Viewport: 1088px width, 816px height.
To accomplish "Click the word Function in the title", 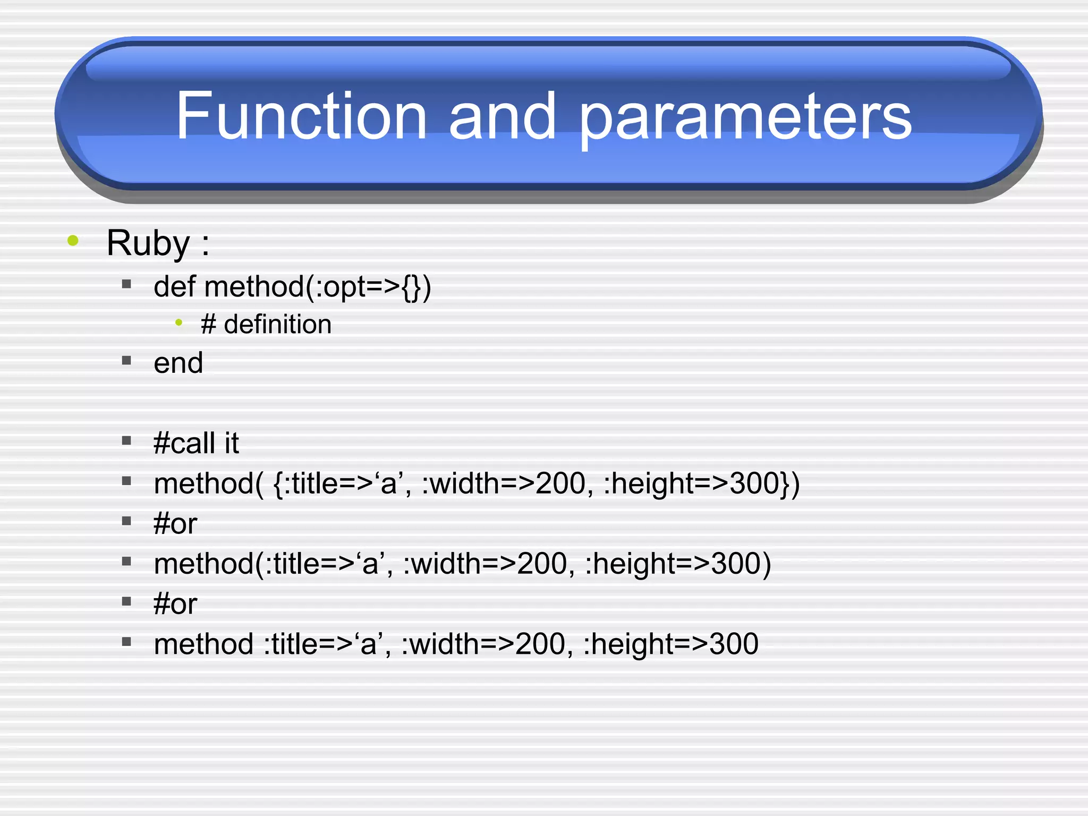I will [301, 115].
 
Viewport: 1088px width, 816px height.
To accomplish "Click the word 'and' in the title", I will [502, 115].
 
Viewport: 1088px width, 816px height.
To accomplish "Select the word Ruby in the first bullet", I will [148, 243].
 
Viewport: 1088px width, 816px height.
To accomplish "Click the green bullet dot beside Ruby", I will [73, 241].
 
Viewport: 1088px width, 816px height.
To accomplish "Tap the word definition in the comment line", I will [278, 324].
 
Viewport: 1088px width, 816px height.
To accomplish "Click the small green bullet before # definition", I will [179, 322].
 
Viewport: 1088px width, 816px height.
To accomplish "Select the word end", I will [178, 363].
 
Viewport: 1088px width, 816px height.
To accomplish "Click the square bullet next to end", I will [126, 361].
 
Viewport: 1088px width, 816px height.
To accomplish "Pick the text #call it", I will [196, 443].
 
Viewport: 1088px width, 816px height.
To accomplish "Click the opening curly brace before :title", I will [278, 484].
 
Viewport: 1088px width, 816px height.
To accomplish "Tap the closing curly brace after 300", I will [785, 484].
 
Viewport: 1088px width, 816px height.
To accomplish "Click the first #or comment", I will [175, 524].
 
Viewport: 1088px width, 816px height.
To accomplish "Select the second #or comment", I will [175, 604].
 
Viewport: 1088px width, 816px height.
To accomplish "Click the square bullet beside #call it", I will [126, 440].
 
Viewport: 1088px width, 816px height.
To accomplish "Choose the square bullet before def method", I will [126, 284].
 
